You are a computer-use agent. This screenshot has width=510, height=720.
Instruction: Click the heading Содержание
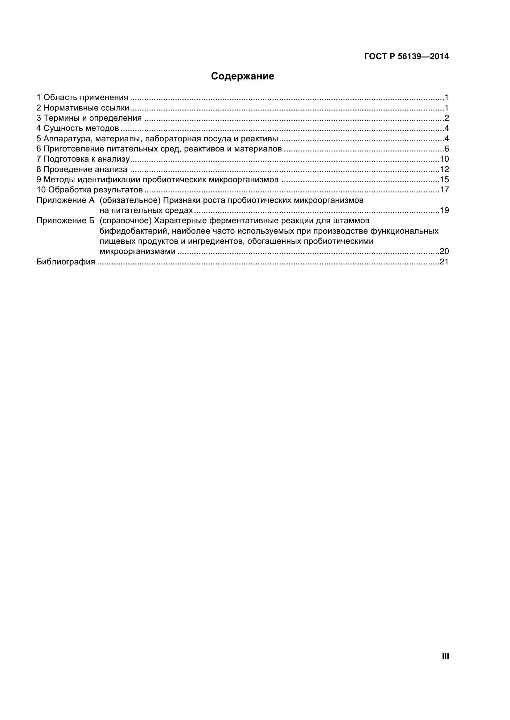point(242,76)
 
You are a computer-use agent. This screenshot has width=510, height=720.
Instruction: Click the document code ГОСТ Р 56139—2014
point(406,56)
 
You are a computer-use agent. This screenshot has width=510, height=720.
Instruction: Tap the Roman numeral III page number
point(445,656)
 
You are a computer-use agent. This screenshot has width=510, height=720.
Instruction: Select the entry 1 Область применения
point(82,98)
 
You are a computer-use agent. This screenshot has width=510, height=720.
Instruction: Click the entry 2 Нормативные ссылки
point(83,108)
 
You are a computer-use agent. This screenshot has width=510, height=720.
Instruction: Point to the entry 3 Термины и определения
point(89,118)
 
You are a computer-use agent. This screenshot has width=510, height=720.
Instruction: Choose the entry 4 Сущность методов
point(78,128)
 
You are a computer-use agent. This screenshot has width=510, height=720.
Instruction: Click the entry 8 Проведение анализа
point(82,170)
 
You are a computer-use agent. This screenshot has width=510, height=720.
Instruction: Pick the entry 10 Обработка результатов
point(90,190)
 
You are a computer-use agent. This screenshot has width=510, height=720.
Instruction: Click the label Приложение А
point(65,200)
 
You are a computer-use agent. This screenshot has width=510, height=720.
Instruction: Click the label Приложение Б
point(65,221)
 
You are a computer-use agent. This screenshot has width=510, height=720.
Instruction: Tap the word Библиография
point(66,262)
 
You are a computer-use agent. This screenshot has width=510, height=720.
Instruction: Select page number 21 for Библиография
point(444,262)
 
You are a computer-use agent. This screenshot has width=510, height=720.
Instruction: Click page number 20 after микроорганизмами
point(444,251)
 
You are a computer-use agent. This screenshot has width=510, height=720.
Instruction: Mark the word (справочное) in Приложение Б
point(125,221)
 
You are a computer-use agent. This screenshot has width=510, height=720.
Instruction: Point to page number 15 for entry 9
point(444,180)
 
